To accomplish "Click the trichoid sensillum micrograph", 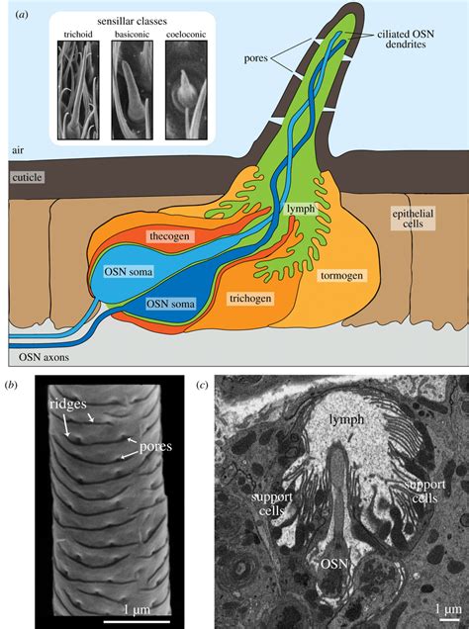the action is coord(78,89).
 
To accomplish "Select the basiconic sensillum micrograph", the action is coord(132,89).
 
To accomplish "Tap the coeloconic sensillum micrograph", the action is coord(186,89).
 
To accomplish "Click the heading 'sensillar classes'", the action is coord(132,21).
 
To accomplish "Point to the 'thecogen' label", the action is coord(169,235).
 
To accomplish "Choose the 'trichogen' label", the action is coord(250,299).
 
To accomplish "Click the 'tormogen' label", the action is coord(341,276).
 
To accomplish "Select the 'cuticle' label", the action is coord(27,177).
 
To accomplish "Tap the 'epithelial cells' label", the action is coord(413,219).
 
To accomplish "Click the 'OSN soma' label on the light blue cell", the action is coord(129,272).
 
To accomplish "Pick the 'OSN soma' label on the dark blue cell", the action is coord(170,304).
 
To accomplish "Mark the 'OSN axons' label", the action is coord(44,357).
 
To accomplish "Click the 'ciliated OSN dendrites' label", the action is coord(406,39).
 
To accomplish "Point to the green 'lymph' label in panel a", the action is coord(301,209).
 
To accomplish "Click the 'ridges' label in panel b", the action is coord(68,404).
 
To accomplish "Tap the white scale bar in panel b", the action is coord(137,622).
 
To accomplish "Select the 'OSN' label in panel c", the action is coord(333,564).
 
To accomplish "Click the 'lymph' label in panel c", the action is coord(346,419).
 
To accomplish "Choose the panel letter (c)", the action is coord(202,386).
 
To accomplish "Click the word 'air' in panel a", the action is coord(18,150).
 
